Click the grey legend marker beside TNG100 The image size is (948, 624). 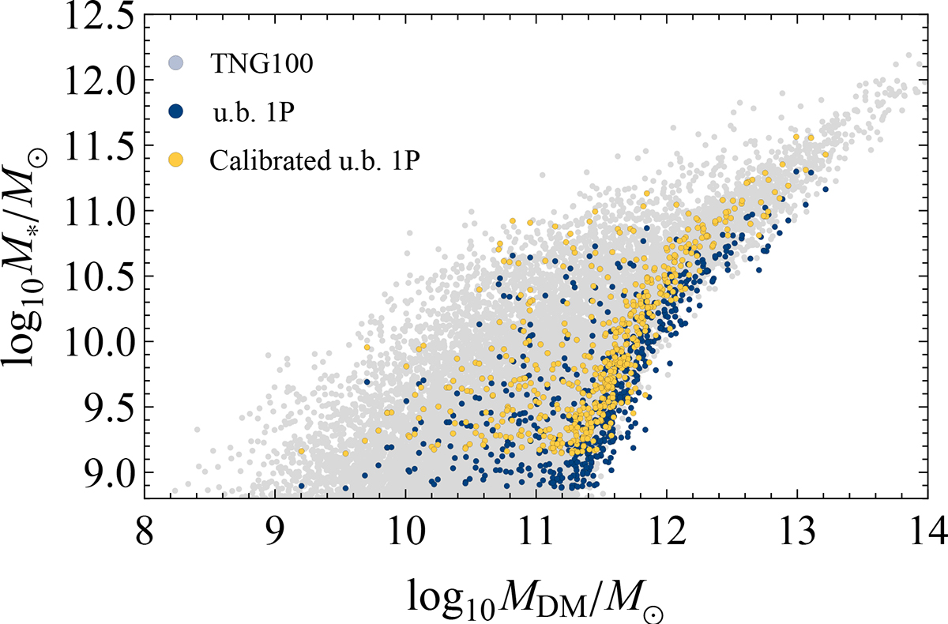point(178,64)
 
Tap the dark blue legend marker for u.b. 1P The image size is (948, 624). point(178,112)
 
